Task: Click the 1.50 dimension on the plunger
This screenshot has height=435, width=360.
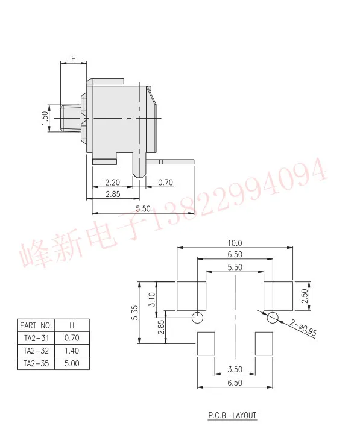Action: (45, 118)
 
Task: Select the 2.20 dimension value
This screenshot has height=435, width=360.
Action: (112, 183)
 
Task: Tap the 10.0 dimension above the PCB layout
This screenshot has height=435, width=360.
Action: (235, 243)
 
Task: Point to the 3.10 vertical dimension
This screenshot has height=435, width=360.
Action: (152, 299)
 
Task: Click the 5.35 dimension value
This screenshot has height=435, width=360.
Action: (134, 313)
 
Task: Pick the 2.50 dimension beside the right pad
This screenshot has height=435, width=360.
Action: (305, 296)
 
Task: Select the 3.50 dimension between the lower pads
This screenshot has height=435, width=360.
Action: (235, 369)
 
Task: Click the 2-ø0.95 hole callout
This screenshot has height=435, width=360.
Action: (303, 328)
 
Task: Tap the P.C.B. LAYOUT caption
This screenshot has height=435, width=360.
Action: (232, 415)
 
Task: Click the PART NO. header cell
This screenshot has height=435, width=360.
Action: (36, 325)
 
